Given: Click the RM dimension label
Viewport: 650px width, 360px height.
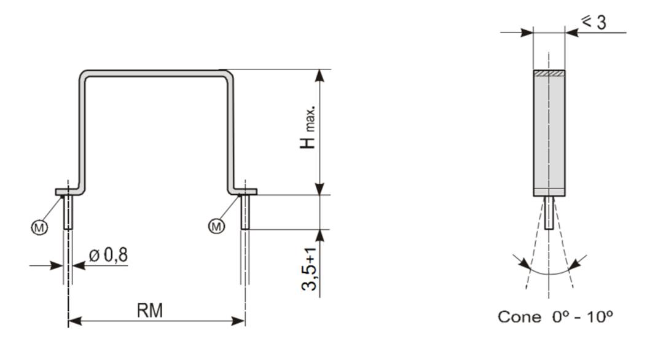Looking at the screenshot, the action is pyautogui.click(x=150, y=310).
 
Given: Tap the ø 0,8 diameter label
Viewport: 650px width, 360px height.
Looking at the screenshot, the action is pyautogui.click(x=109, y=255).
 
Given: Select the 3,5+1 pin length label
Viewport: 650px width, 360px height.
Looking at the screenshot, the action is pyautogui.click(x=309, y=269).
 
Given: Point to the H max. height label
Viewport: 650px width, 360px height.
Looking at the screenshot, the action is pyautogui.click(x=308, y=127).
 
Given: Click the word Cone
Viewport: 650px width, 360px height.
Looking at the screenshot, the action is pyautogui.click(x=519, y=317).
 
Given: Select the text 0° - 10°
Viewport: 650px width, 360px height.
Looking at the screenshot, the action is pyautogui.click(x=582, y=317).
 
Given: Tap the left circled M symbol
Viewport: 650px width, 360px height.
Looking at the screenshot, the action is pyautogui.click(x=39, y=227).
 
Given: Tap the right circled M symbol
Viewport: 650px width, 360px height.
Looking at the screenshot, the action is pyautogui.click(x=216, y=227).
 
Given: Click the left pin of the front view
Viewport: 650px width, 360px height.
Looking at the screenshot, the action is pyautogui.click(x=68, y=212).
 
